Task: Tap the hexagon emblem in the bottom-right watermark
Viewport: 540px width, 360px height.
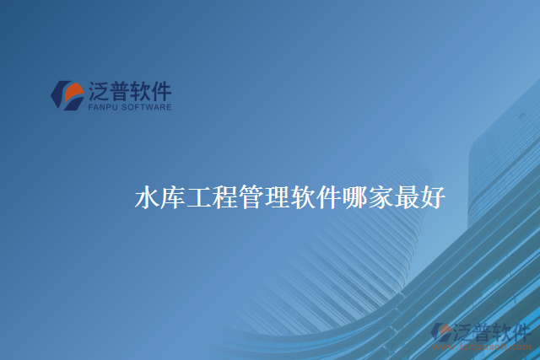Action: pyautogui.click(x=440, y=331)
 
